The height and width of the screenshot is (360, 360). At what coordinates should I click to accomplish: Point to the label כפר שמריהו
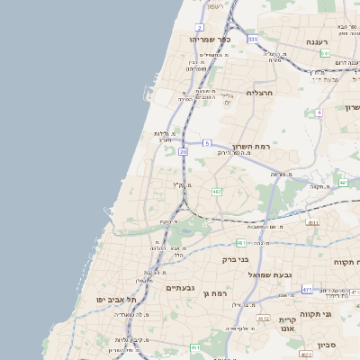[x=211, y=40]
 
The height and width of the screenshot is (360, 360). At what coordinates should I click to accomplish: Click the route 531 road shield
[x=253, y=40]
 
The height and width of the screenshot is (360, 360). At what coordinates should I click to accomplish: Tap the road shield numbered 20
[x=183, y=152]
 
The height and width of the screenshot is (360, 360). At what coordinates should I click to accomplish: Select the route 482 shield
[x=217, y=192]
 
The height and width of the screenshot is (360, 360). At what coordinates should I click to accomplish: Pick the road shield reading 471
[x=307, y=289]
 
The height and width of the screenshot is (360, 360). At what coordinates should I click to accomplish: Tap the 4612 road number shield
[x=263, y=319]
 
